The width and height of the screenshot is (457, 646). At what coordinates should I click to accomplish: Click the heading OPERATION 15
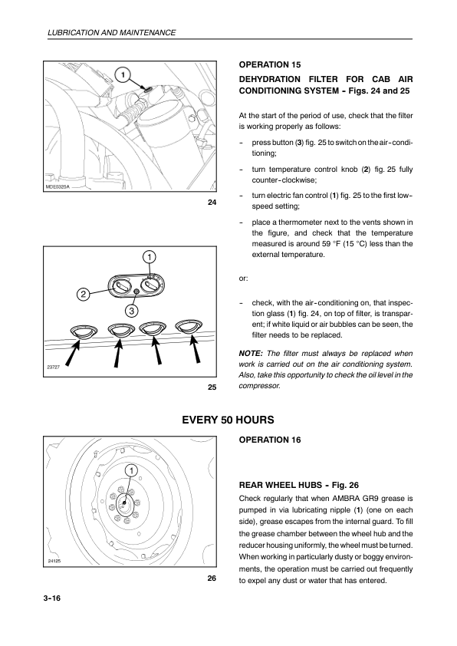[270, 64]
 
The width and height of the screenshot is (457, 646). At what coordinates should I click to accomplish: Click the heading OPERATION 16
[270, 440]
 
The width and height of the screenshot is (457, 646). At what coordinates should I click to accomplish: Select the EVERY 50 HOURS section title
[228, 420]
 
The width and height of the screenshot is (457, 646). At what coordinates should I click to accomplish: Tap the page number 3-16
[51, 598]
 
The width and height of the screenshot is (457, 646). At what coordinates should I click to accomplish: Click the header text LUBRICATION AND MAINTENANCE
[112, 32]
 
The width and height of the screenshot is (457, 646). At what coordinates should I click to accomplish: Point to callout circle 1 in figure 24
[123, 74]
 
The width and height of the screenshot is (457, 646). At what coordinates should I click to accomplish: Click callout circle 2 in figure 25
[83, 294]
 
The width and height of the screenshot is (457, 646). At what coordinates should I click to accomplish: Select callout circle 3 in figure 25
[131, 311]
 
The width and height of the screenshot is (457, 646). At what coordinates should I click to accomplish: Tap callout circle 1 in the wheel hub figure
[131, 470]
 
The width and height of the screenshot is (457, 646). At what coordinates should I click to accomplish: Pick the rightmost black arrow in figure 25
[196, 348]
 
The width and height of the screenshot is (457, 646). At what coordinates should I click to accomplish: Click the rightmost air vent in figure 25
[189, 327]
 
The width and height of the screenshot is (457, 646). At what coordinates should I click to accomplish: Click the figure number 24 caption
[212, 203]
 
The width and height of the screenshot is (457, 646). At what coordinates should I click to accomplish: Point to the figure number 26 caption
[212, 578]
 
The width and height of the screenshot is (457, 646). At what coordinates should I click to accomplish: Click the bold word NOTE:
[251, 354]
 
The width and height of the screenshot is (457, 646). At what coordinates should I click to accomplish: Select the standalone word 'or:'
[243, 279]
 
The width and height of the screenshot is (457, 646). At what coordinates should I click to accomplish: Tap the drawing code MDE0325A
[58, 187]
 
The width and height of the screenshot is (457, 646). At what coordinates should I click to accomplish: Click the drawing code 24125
[54, 561]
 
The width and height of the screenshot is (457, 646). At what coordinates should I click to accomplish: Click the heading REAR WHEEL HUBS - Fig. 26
[299, 486]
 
